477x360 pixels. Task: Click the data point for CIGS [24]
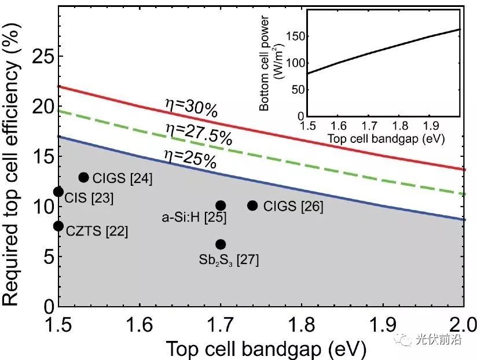pos(83,177)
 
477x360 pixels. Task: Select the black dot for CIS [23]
pos(58,192)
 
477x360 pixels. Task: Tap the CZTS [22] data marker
pos(58,226)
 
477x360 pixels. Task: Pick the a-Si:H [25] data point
pos(221,205)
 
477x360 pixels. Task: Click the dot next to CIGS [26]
pos(252,205)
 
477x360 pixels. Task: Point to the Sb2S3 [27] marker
pos(221,244)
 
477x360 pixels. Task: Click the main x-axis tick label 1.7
pos(221,324)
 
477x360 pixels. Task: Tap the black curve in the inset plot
pos(382,52)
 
